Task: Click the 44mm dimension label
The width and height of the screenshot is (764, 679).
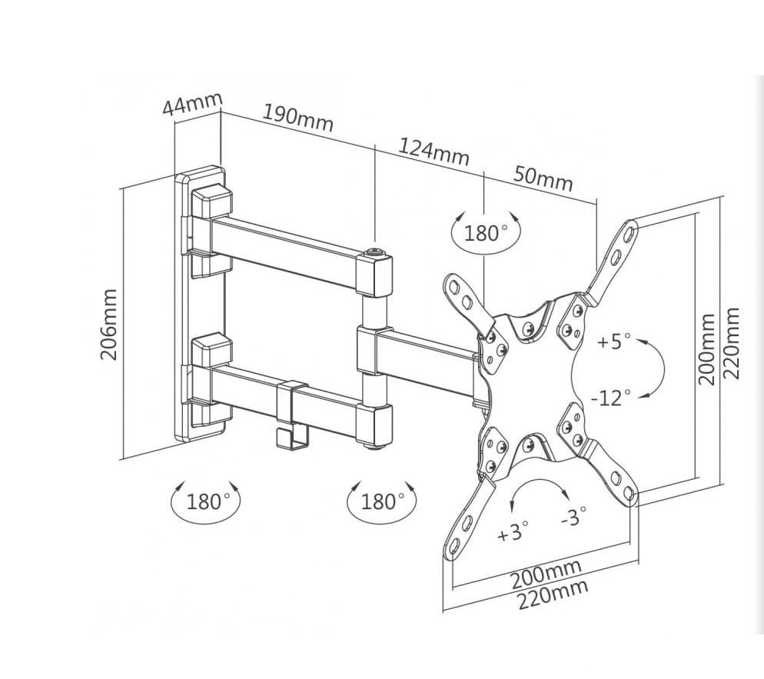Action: coord(191,103)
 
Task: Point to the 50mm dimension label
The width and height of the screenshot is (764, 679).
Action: coord(543,178)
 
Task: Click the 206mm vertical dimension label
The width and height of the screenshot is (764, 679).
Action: coord(109,324)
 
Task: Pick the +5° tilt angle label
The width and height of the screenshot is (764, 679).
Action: coord(614,341)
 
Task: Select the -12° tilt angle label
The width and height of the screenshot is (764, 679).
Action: coord(611,398)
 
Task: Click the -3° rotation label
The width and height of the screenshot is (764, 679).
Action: coord(573,516)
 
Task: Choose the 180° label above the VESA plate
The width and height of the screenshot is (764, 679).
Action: coord(487,232)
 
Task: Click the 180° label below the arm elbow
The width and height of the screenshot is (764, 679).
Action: coord(382,502)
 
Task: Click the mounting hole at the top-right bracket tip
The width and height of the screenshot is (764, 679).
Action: coord(629,229)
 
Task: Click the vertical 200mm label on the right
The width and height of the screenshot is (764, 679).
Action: coord(707,348)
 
